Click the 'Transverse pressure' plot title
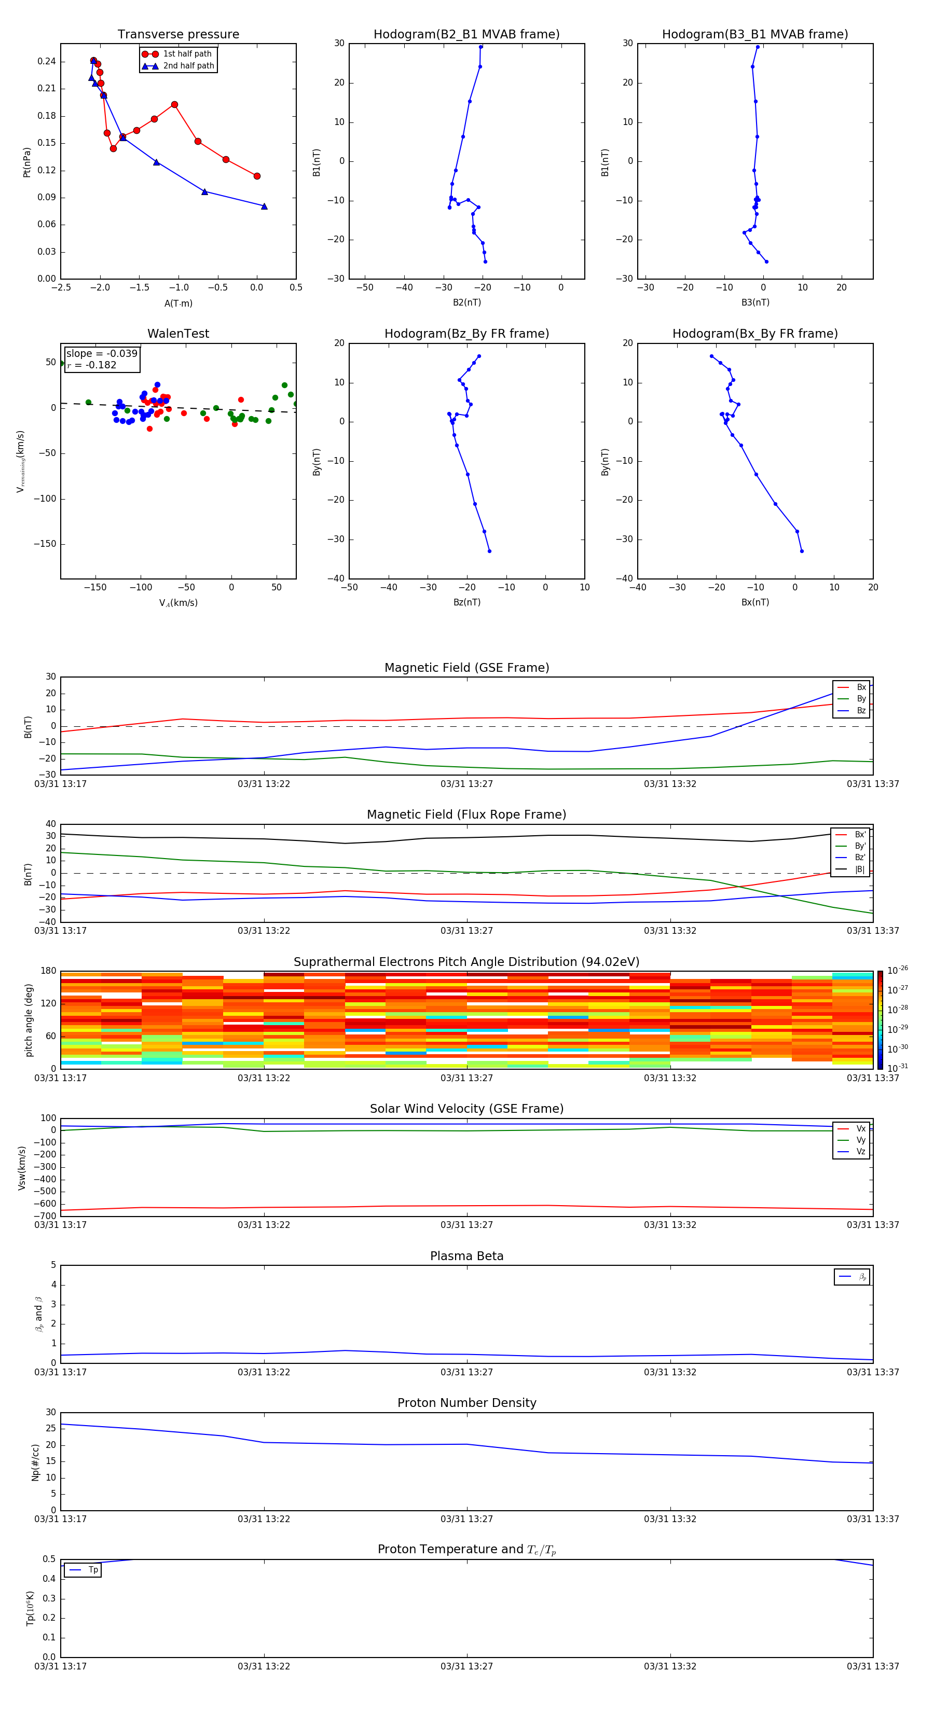tap(178, 35)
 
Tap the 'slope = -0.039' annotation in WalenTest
tap(102, 354)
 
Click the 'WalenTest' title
tap(178, 334)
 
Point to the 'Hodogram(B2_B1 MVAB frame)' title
tap(466, 35)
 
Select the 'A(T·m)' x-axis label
tap(178, 303)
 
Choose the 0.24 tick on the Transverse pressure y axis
tap(47, 62)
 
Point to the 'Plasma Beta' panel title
tap(466, 1256)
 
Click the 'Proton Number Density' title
tap(466, 1403)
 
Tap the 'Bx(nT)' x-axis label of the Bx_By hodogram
tap(755, 602)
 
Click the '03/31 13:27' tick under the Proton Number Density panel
tap(466, 1518)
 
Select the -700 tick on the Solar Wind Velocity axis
tap(45, 1216)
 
